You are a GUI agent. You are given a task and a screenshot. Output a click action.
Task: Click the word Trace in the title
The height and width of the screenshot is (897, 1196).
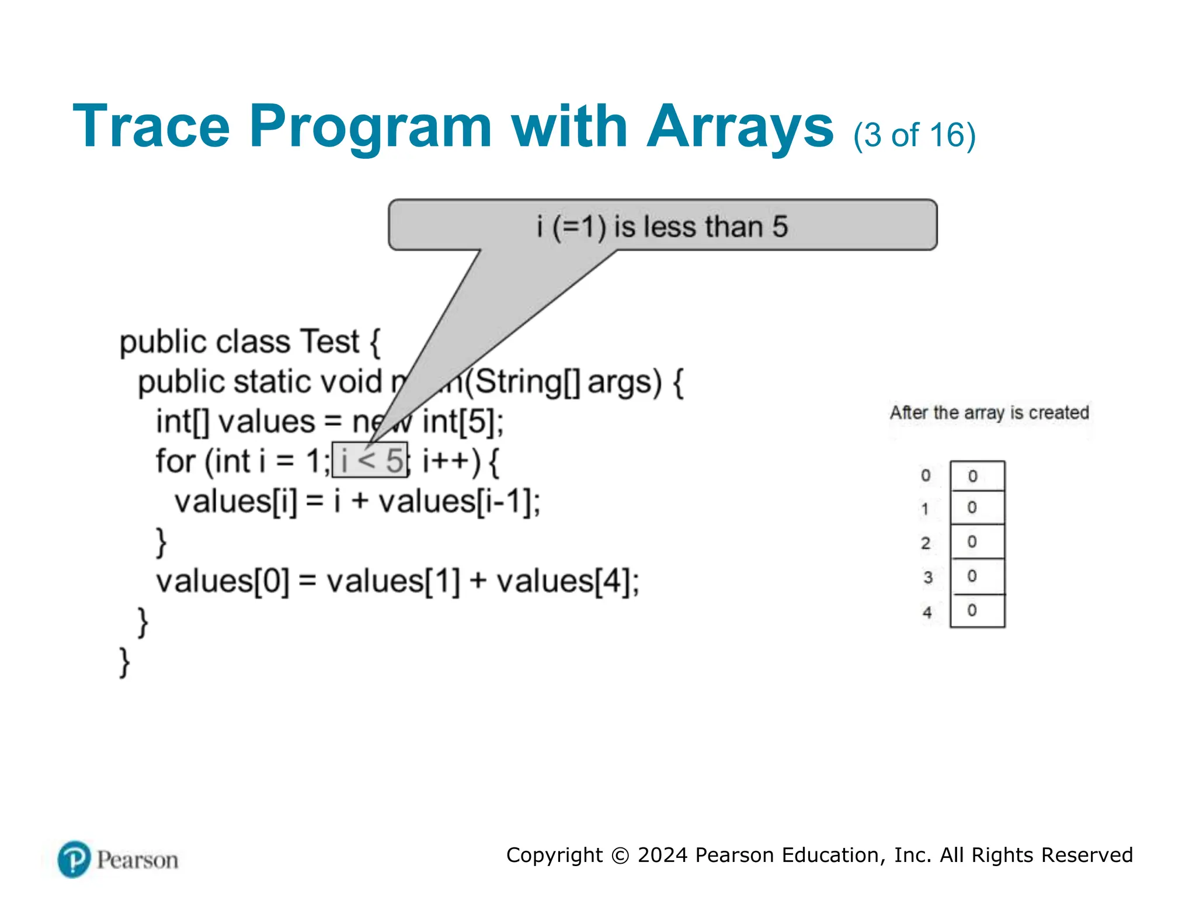(x=151, y=127)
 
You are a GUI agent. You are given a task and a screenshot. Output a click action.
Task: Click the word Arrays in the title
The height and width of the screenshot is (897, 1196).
(x=740, y=127)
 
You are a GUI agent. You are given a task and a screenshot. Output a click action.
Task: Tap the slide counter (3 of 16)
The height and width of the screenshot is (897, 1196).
(x=914, y=135)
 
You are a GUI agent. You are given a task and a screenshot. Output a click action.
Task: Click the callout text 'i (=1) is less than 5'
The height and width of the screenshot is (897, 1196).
(x=662, y=227)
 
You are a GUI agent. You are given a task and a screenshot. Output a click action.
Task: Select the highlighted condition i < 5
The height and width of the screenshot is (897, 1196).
(x=370, y=461)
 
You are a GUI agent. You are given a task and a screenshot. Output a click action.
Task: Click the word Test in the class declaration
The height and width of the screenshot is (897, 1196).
(x=329, y=342)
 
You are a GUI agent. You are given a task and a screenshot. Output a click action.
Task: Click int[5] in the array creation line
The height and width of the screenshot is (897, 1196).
(x=462, y=422)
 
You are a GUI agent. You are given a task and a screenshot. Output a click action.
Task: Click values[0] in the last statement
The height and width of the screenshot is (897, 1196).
(x=222, y=582)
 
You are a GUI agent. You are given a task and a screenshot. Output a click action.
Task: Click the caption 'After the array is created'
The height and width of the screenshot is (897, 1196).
(x=989, y=413)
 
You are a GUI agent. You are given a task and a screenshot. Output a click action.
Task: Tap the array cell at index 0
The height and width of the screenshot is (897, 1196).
(x=977, y=476)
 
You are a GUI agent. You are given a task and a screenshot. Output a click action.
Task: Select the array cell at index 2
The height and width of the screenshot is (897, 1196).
(x=977, y=542)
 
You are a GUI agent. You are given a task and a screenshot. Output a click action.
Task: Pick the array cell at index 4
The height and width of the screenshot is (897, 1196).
(x=977, y=611)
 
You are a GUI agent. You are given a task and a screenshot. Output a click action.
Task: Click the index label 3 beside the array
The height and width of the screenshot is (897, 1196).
(x=927, y=578)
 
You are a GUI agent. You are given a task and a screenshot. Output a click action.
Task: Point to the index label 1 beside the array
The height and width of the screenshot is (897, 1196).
(x=925, y=509)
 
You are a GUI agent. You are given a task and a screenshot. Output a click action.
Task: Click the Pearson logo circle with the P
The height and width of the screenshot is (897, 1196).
(x=74, y=859)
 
